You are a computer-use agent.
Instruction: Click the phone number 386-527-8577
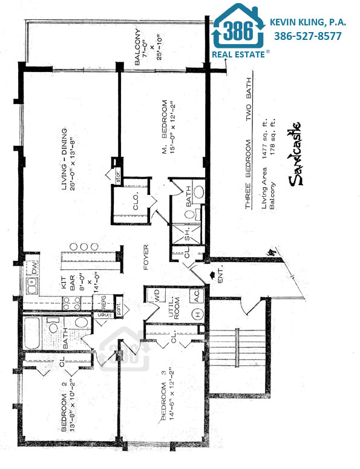(x=308, y=36)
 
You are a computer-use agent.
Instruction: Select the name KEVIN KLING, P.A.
(x=308, y=22)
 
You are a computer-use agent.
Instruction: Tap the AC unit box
(x=196, y=297)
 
